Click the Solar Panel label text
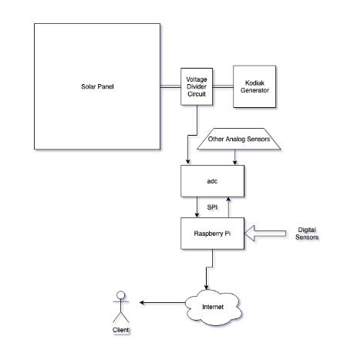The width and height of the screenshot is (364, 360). (97, 86)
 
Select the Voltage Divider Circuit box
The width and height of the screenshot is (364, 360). (197, 86)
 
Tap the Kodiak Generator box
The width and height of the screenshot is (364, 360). (254, 86)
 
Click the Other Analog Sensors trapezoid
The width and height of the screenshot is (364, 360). (238, 139)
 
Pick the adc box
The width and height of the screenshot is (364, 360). (212, 181)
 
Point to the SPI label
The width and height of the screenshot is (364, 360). (212, 207)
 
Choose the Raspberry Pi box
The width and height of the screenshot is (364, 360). (212, 234)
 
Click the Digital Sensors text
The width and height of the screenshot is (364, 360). (307, 234)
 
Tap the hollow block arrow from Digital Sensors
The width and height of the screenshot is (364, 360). (265, 234)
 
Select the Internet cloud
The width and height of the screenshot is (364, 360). (214, 307)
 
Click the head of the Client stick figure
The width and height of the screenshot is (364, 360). (121, 295)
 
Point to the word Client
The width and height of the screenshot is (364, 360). (121, 330)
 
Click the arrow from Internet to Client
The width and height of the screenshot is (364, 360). (162, 303)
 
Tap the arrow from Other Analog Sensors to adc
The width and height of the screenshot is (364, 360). (234, 157)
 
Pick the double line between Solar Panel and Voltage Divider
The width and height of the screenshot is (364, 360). (170, 86)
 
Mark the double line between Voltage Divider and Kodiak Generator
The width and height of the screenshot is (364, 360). (223, 86)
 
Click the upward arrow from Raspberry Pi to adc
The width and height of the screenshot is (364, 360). (228, 207)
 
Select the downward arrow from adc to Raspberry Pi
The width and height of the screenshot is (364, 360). (197, 207)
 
